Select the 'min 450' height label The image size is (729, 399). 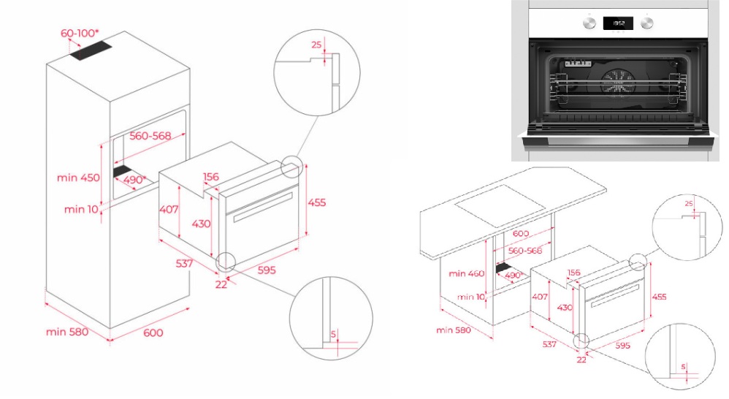(x=78, y=178)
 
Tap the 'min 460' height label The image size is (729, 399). (x=467, y=274)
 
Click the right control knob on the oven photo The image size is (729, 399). (x=647, y=23)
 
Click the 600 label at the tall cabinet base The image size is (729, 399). (x=153, y=332)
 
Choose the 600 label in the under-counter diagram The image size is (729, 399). (x=521, y=233)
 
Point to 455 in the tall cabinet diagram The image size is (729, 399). (x=316, y=202)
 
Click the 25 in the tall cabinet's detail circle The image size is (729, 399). (x=316, y=45)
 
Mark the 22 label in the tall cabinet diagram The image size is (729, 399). (x=221, y=284)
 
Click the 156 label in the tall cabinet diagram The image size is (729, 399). (x=211, y=176)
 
